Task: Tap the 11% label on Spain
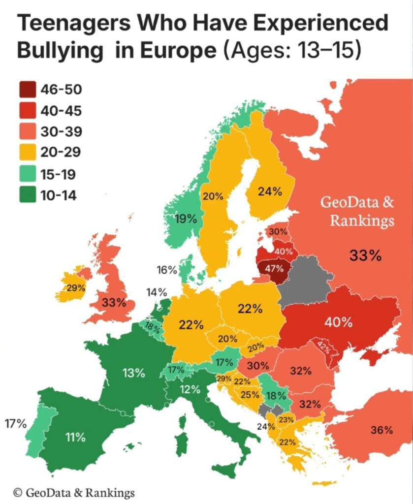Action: coord(76,437)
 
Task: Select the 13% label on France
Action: coord(134,373)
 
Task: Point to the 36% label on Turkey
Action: coord(381,430)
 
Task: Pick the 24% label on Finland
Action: coord(270,191)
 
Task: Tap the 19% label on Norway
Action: coord(186,219)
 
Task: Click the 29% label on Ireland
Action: coord(76,288)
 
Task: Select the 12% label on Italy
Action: coord(190,389)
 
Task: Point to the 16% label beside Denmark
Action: coord(167,270)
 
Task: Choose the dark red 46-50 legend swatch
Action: coord(28,90)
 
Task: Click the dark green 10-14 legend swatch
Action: coord(28,195)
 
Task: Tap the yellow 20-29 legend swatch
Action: coord(28,153)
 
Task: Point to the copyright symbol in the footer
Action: coord(18,492)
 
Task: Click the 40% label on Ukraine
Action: coord(338,323)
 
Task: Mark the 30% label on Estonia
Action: coord(278,231)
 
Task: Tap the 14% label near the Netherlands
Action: coord(157,292)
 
